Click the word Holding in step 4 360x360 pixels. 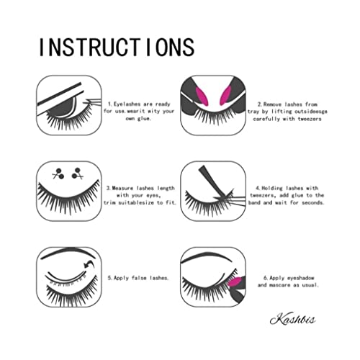tap(273, 187)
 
